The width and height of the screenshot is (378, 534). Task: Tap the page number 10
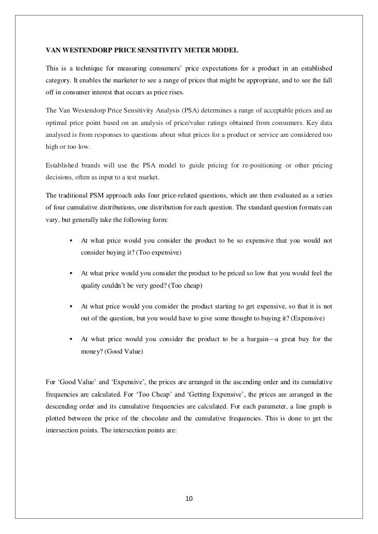click(188, 499)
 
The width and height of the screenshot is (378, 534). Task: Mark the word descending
click(65, 405)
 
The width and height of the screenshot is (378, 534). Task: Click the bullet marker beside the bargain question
click(69, 340)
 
